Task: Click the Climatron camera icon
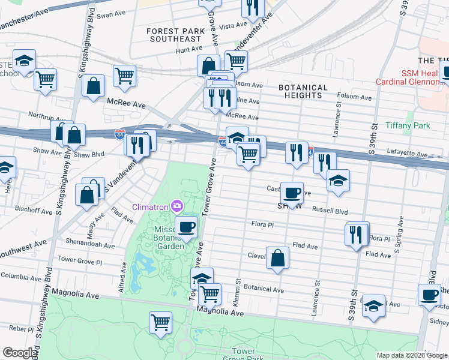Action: coord(176,207)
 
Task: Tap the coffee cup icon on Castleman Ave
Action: coord(292,193)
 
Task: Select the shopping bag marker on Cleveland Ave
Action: coord(277,258)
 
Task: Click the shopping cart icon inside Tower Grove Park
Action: coord(161,322)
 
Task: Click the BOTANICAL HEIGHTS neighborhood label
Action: coord(303,91)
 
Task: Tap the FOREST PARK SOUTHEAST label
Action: coord(175,34)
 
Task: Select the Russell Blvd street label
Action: coord(330,211)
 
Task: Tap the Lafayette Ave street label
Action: coord(408,154)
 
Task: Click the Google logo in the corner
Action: coord(20,353)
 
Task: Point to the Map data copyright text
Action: coord(411,355)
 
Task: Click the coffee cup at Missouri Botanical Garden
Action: coord(186,227)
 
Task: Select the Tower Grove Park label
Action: coord(243,355)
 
